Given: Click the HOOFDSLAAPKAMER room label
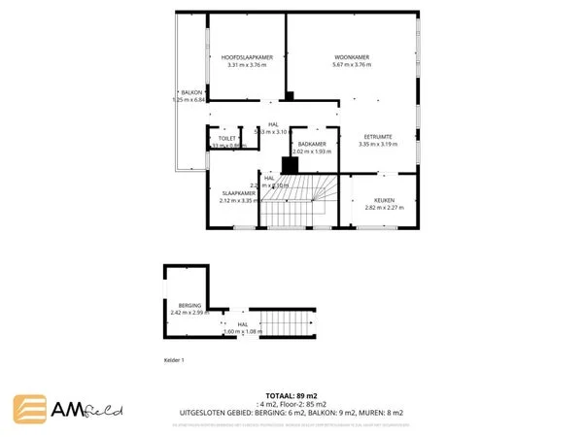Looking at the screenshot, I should click(x=246, y=57).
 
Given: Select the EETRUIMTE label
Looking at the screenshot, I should click(x=378, y=136).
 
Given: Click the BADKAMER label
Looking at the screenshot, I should click(x=312, y=144).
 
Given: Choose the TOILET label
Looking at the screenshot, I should click(x=227, y=139).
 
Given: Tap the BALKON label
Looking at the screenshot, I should click(x=177, y=92).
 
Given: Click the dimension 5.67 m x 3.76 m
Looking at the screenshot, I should click(x=351, y=65).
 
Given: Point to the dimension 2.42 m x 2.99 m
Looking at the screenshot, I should click(x=189, y=313).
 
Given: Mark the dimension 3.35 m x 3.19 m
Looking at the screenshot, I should click(x=378, y=145).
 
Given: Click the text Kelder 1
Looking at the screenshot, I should click(x=175, y=360).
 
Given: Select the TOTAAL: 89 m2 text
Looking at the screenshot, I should click(x=291, y=396).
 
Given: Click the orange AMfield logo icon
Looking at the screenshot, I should click(x=30, y=409).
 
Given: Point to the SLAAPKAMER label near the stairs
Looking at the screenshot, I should click(x=238, y=193).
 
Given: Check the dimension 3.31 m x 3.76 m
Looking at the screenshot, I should click(x=246, y=65).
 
